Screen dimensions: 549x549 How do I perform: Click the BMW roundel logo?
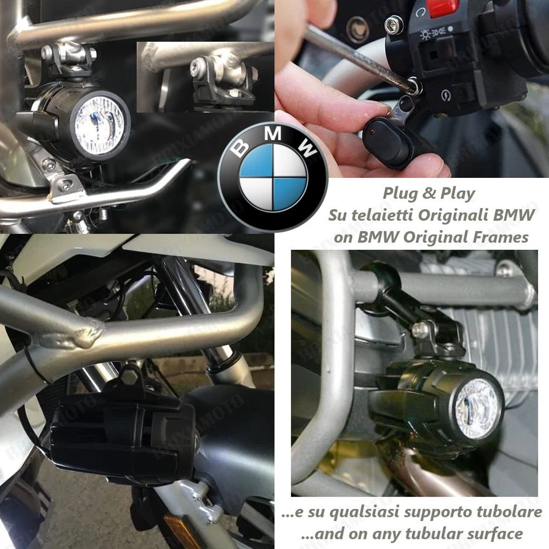(273, 175)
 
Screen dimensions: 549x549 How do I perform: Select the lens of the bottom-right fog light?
(476, 408)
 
